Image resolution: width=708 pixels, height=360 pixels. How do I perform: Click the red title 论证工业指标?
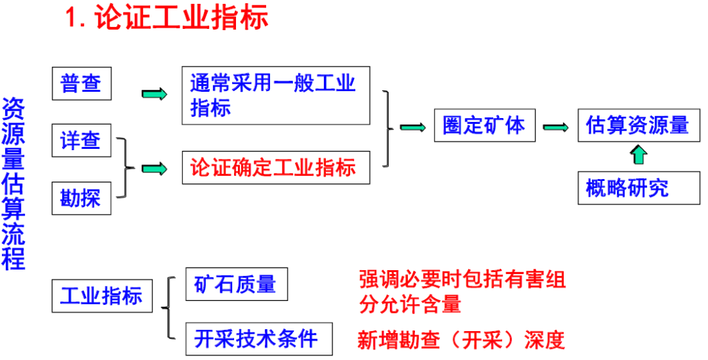click(167, 19)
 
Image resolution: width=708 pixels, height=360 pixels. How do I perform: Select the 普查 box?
click(81, 84)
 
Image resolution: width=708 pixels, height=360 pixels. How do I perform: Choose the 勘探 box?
click(81, 198)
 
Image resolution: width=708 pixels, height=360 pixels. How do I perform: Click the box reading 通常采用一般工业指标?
click(275, 95)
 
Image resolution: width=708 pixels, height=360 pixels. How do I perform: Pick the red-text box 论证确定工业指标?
click(275, 167)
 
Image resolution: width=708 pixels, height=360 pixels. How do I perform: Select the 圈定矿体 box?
click(484, 125)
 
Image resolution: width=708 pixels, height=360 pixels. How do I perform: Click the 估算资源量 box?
click(634, 125)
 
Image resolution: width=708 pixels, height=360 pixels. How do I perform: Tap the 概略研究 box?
click(629, 188)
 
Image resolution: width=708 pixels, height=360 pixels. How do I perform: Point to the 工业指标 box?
click(102, 296)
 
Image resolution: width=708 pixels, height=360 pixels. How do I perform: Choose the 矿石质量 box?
click(236, 284)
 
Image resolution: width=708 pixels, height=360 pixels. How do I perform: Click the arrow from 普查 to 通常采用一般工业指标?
click(154, 94)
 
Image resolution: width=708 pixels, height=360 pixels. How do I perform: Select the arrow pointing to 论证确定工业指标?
click(154, 169)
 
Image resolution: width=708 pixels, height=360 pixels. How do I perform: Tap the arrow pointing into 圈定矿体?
click(413, 127)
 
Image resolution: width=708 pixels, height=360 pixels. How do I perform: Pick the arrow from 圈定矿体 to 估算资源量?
click(556, 127)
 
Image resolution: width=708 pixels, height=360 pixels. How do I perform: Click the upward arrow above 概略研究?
click(639, 155)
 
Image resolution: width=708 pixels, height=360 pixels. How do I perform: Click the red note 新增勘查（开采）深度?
click(461, 340)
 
